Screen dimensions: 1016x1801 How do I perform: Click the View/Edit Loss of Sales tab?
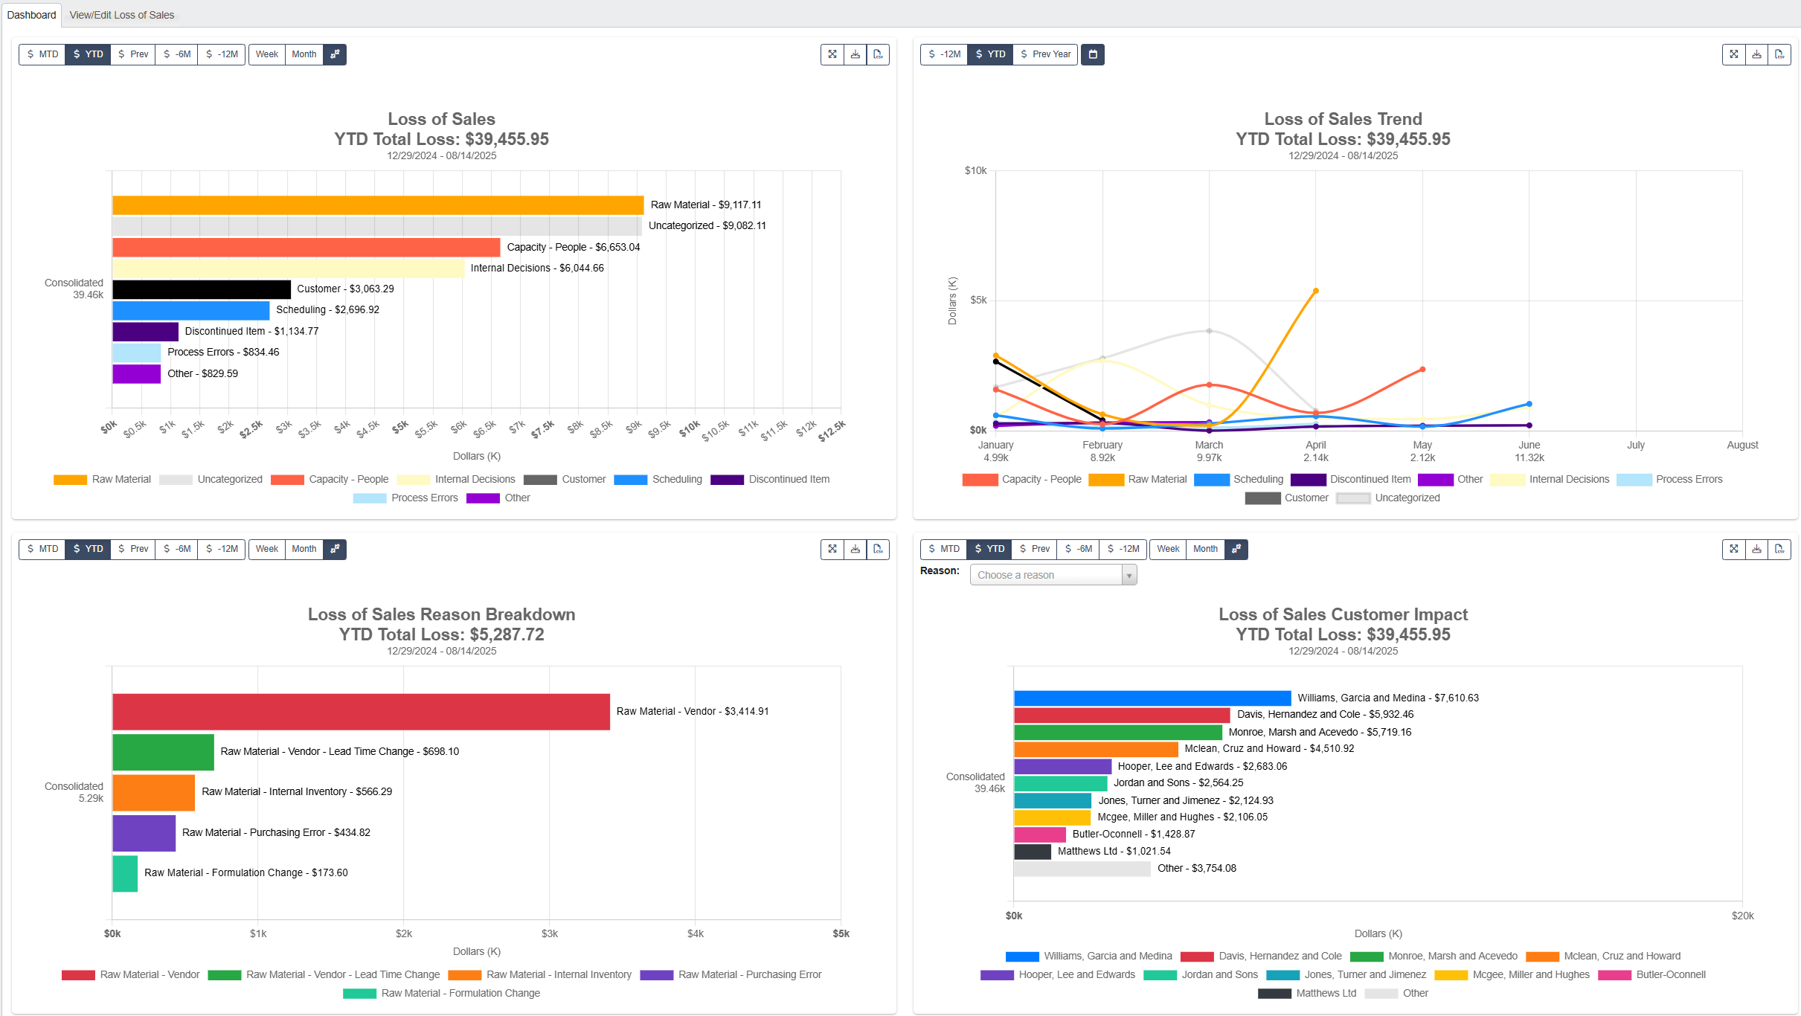pyautogui.click(x=121, y=15)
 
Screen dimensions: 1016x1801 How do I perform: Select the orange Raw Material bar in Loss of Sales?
pyautogui.click(x=378, y=205)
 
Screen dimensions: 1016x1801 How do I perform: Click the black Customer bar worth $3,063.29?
pyautogui.click(x=202, y=289)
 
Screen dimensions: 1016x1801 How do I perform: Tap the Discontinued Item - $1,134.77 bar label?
pyautogui.click(x=251, y=331)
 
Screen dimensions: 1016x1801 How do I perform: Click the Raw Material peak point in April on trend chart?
pyautogui.click(x=1315, y=291)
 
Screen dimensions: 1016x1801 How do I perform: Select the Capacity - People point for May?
pyautogui.click(x=1422, y=370)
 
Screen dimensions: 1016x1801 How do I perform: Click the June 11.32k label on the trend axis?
pyautogui.click(x=1529, y=451)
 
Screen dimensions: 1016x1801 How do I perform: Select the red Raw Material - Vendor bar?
pyautogui.click(x=361, y=712)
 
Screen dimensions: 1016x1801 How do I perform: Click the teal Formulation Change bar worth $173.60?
pyautogui.click(x=125, y=873)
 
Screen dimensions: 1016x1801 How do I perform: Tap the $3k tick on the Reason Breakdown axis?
pyautogui.click(x=550, y=933)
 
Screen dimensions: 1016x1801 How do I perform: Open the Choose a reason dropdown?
pyautogui.click(x=1053, y=575)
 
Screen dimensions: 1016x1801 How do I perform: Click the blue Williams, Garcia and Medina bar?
pyautogui.click(x=1152, y=698)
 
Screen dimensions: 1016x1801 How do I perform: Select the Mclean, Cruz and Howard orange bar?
pyautogui.click(x=1095, y=749)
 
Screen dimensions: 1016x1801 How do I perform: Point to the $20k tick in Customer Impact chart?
pyautogui.click(x=1742, y=916)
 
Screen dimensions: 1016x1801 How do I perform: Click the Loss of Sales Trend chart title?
pyautogui.click(x=1343, y=119)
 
